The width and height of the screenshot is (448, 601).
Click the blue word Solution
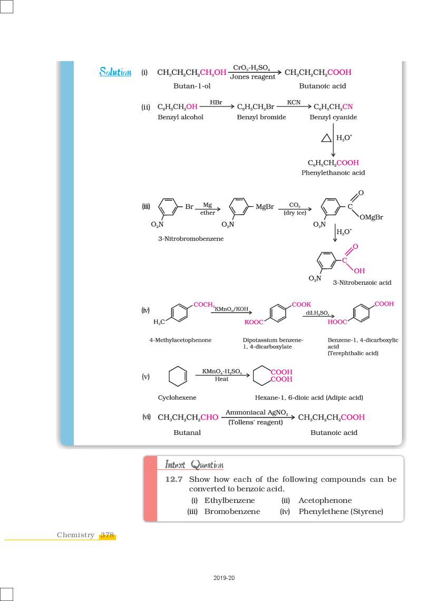[x=115, y=72]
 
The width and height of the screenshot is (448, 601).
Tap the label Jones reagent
[x=252, y=77]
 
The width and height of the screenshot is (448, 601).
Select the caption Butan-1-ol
[x=192, y=86]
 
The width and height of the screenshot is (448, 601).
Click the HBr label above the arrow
[x=216, y=102]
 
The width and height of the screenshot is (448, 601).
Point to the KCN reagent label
[x=294, y=102]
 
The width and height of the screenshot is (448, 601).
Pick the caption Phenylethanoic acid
[x=333, y=173]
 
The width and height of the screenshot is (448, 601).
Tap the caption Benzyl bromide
[x=261, y=117]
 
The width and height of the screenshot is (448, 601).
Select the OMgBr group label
[x=372, y=217]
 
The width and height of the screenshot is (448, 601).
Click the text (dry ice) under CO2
[x=295, y=213]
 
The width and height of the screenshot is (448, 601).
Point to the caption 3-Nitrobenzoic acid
[x=362, y=283]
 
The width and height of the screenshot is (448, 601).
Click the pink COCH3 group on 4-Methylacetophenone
[x=204, y=305]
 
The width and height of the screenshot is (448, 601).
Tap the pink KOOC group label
[x=254, y=322]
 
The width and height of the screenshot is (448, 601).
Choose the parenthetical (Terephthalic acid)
[x=353, y=353]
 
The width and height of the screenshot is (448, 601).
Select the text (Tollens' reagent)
[x=256, y=422]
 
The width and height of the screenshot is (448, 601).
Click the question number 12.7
[x=174, y=479]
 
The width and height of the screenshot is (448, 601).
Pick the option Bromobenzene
[x=232, y=511]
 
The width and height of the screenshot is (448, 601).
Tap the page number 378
[x=108, y=535]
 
